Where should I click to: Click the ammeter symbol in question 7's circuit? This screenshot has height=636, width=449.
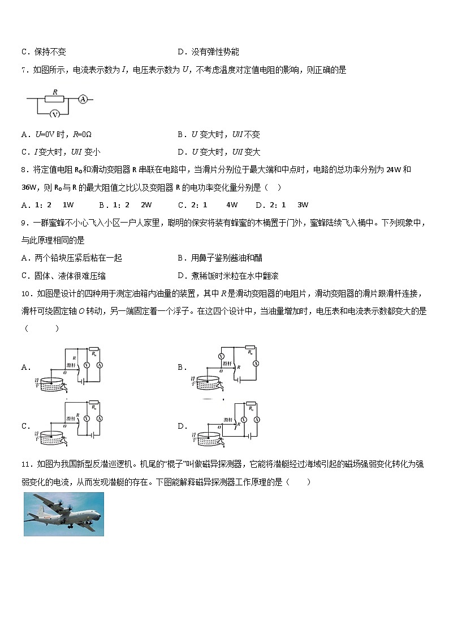click(x=83, y=99)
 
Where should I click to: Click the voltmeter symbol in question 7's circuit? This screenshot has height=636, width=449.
click(x=55, y=114)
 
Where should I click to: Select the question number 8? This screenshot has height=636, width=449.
click(x=24, y=170)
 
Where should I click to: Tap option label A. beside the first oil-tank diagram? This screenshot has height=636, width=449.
click(x=25, y=367)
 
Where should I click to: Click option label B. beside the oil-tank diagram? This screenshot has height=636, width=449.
click(x=182, y=367)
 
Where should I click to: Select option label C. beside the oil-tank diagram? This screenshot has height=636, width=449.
click(x=25, y=426)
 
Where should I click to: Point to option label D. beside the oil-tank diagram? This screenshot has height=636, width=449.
click(x=182, y=426)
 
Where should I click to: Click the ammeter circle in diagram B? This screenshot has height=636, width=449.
click(x=255, y=363)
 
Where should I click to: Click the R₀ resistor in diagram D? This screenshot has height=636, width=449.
click(x=250, y=407)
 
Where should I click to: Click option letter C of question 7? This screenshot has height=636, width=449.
click(x=24, y=152)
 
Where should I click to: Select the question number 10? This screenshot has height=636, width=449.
click(x=25, y=293)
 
